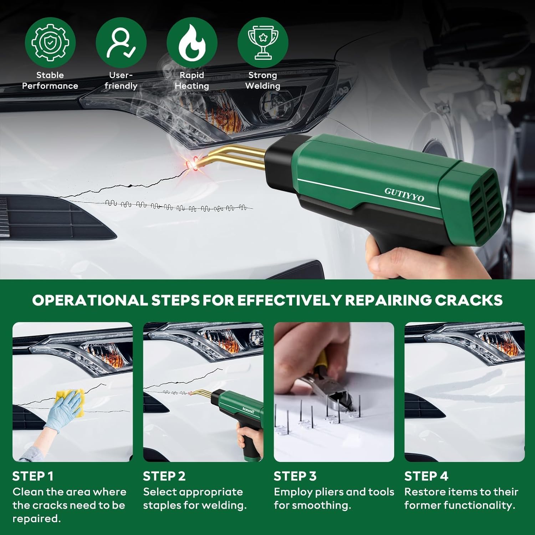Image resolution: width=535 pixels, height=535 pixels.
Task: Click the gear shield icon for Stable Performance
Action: pos(50,42)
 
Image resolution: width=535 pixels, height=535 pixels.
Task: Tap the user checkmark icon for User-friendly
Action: pos(121,42)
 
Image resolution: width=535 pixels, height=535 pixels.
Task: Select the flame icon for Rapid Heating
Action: pos(192,42)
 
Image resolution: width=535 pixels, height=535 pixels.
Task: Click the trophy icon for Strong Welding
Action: pos(263,42)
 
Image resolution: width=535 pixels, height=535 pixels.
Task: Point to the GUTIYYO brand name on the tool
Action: pos(404,195)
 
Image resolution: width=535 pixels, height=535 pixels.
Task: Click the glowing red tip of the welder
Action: pos(192,162)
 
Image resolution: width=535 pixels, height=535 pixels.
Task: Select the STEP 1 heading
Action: pos(33,476)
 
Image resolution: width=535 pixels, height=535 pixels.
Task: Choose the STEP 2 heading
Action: pos(164,476)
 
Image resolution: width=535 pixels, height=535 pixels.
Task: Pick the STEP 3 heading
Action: pos(295,476)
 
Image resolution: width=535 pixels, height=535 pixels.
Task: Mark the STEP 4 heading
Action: pos(426,476)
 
